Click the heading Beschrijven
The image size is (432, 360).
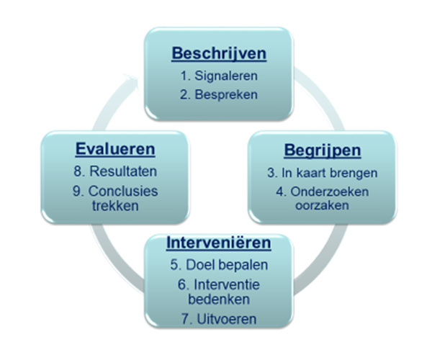(218, 53)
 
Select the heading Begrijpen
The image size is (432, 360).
(321, 152)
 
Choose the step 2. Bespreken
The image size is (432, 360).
(219, 94)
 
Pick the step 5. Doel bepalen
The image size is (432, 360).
(219, 264)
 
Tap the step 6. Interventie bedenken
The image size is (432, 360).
(219, 292)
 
